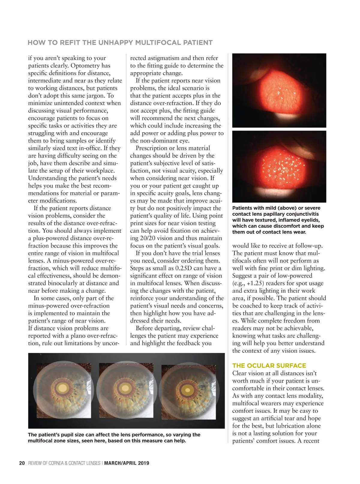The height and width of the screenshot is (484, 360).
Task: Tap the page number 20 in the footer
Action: click(x=22, y=463)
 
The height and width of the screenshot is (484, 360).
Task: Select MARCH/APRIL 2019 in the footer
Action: click(x=127, y=463)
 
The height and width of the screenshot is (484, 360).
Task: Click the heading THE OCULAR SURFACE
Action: click(x=269, y=365)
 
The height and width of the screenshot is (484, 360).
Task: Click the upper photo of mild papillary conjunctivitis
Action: click(x=279, y=91)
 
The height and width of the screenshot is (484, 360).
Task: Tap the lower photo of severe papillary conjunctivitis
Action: click(x=279, y=167)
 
